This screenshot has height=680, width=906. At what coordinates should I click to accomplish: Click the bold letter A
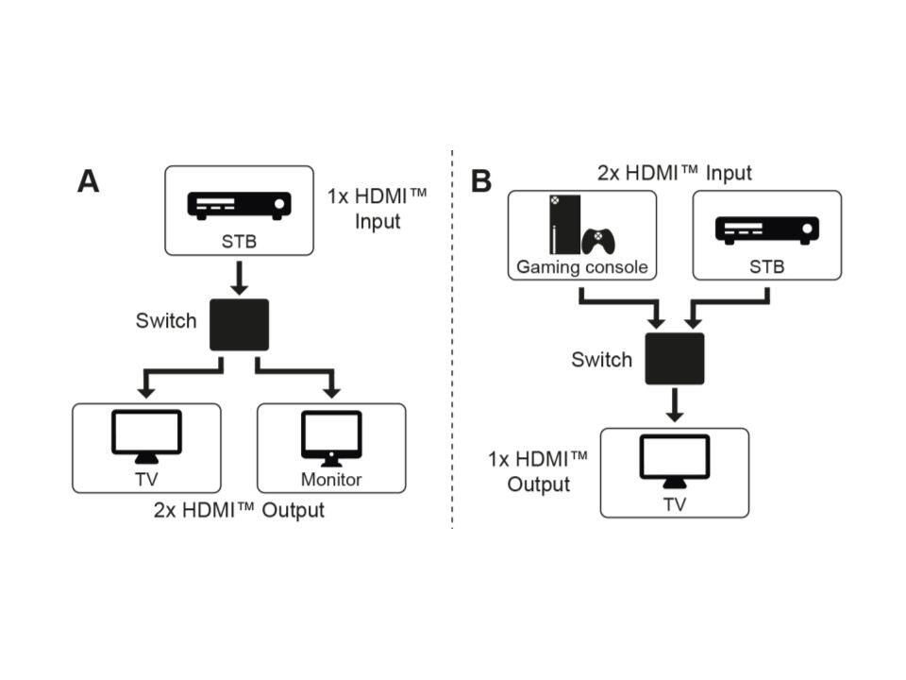(88, 180)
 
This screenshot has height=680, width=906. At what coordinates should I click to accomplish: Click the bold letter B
(481, 180)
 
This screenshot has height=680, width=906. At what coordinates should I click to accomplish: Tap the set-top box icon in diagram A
(239, 204)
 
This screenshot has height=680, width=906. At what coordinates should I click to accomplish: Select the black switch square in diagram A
(239, 325)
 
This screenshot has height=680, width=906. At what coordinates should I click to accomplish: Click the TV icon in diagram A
(145, 435)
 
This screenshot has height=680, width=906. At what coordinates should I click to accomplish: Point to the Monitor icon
(331, 437)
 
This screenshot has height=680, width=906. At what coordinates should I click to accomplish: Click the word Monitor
(331, 480)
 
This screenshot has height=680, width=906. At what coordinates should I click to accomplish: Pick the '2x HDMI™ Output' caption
(239, 511)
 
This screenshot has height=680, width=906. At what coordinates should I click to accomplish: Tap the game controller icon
(598, 241)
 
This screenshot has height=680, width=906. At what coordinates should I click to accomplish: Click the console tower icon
(561, 225)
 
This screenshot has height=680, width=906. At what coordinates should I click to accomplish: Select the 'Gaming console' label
(581, 267)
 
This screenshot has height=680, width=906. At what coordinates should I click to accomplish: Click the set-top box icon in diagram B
(766, 229)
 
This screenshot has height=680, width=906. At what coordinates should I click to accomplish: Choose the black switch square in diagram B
(674, 359)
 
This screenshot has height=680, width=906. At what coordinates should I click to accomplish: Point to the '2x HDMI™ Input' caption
(674, 174)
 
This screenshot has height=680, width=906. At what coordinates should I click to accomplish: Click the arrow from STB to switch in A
(239, 278)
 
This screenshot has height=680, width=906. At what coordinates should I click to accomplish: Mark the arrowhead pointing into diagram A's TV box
(145, 391)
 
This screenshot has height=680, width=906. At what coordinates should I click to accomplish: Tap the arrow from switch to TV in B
(674, 406)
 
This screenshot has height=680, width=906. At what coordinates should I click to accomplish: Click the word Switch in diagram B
(601, 360)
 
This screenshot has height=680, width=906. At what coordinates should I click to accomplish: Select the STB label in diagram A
(239, 242)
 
